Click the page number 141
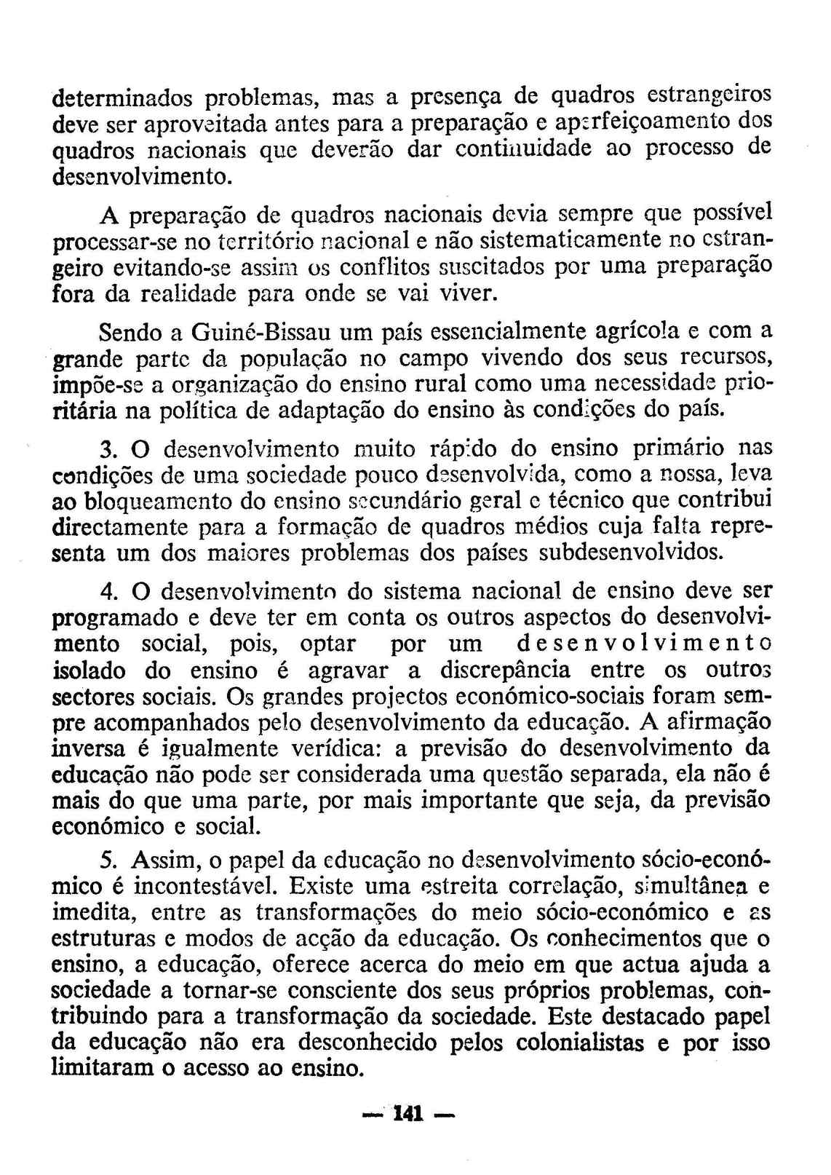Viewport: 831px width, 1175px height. point(408,1115)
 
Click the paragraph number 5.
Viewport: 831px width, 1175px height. point(108,861)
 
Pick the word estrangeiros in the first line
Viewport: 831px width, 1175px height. point(708,95)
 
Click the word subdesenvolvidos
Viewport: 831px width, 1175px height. point(631,552)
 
